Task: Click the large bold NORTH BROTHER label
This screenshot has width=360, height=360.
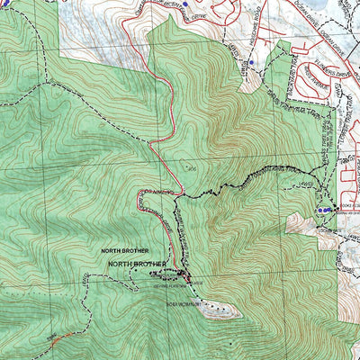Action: [137, 264]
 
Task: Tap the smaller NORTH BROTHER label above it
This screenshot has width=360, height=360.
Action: [123, 251]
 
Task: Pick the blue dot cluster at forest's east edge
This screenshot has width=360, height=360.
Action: [320, 210]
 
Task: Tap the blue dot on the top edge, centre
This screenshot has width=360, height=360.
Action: [184, 5]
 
